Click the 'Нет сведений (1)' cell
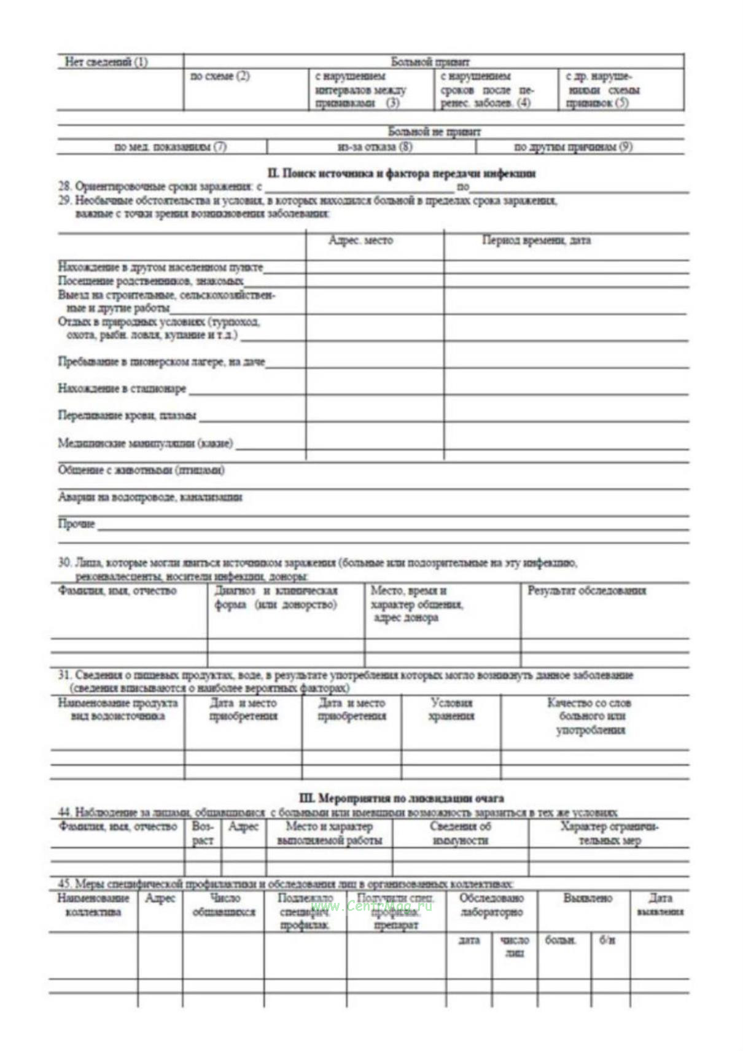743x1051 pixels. tap(106, 62)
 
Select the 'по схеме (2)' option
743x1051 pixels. tap(220, 76)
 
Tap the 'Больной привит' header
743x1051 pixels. tap(430, 61)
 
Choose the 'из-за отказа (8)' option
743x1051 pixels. tap(375, 147)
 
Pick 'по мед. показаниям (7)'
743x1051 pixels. tap(170, 147)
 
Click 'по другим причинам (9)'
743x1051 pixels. tap(572, 147)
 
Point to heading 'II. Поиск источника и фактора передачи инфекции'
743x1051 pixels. tap(401, 173)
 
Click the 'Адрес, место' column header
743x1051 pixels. tap(360, 240)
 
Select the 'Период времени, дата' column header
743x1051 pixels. tap(535, 240)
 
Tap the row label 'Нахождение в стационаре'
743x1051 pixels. tap(122, 388)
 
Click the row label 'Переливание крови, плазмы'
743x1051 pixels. tap(127, 415)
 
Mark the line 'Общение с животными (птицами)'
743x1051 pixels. tap(141, 470)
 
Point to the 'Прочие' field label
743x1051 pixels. tap(77, 524)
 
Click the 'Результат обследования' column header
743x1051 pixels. tap(586, 591)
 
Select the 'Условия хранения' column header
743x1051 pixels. tap(451, 709)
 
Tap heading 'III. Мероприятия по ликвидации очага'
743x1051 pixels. tap(401, 799)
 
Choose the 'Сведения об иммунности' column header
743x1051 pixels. tap(460, 834)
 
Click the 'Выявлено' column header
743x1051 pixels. tap(588, 898)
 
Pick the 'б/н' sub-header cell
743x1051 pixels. tap(607, 940)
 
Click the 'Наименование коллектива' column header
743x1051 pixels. tap(93, 905)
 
